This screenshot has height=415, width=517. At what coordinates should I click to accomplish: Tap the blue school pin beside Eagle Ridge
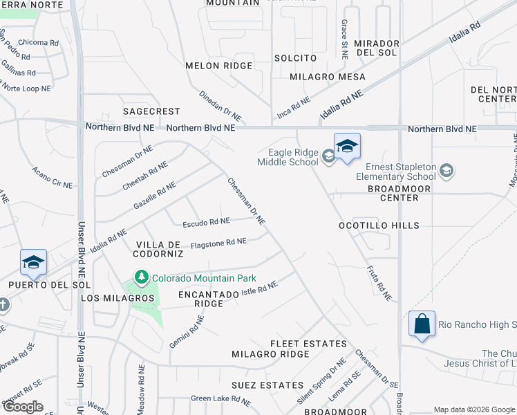[x=347, y=146]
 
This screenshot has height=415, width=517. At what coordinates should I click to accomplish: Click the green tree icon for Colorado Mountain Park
[x=142, y=278]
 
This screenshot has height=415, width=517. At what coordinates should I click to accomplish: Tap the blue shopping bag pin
[x=422, y=324]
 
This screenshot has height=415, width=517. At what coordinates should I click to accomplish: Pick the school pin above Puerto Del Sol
[x=33, y=262]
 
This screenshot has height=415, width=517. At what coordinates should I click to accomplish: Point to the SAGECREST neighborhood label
[x=151, y=111]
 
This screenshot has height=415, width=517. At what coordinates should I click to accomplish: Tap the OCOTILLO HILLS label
[x=379, y=226]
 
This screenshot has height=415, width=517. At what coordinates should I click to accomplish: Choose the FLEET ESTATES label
[x=308, y=344]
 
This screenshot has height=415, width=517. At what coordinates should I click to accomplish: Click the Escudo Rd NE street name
[x=205, y=223]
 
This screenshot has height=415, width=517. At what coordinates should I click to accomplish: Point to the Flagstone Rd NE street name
[x=218, y=242]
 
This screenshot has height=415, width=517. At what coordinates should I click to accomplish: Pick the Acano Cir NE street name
[x=52, y=178]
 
